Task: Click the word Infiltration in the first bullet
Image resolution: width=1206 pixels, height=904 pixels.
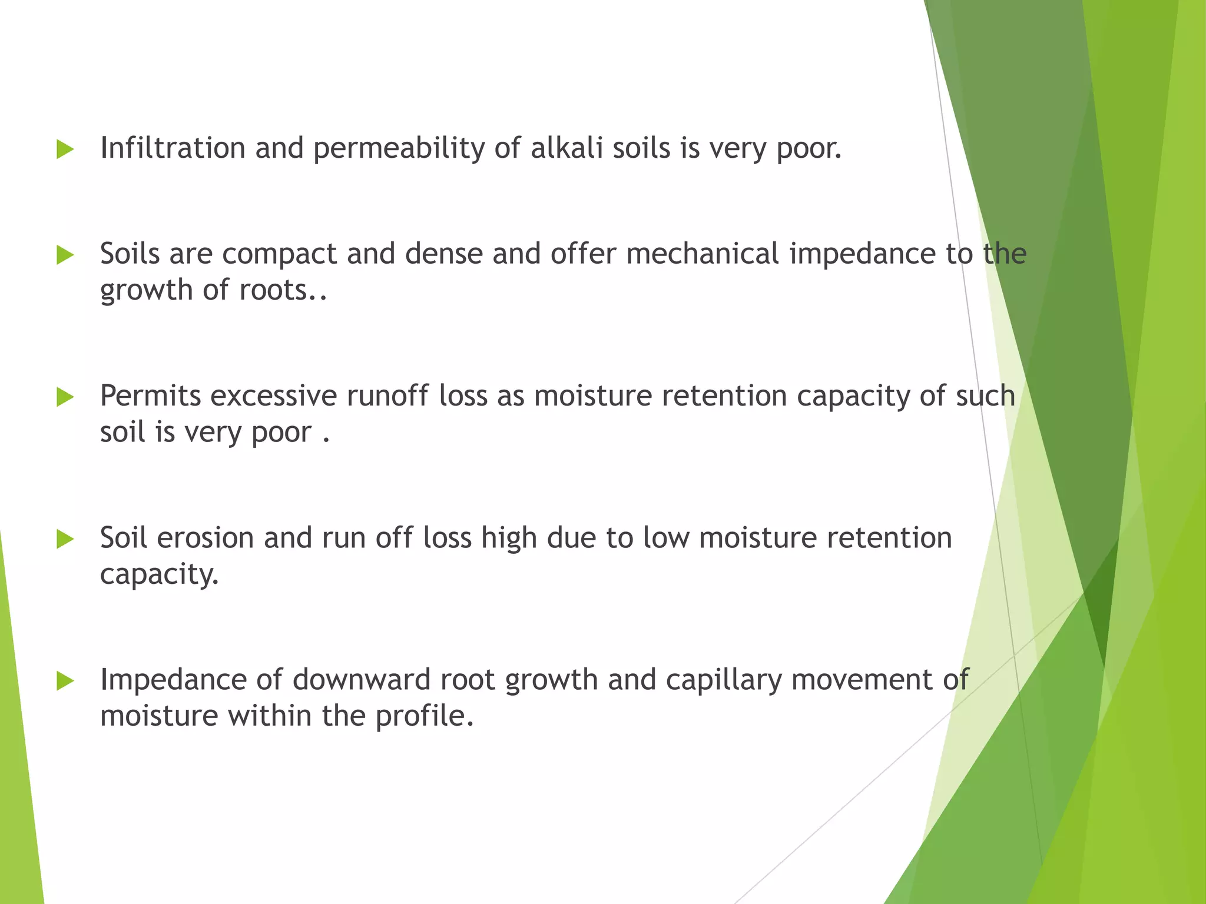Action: tap(173, 148)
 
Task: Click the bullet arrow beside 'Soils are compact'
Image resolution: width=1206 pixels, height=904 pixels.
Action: tap(65, 255)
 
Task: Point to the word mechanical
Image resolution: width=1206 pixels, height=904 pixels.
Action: tap(703, 254)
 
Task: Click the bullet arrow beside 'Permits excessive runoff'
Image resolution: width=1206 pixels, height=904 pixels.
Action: tap(65, 398)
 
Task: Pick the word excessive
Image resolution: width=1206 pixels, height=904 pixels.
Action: tap(273, 396)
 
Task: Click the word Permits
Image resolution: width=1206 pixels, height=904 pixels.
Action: tap(151, 396)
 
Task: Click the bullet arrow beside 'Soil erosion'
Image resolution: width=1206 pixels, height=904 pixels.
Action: tap(65, 540)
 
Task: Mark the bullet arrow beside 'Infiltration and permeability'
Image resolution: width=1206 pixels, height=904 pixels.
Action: tap(65, 149)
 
